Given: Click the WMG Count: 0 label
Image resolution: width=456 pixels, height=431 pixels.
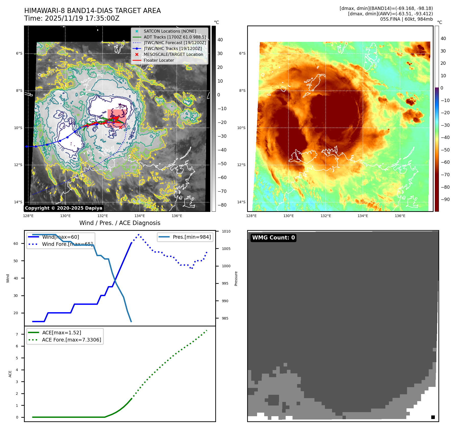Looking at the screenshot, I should coord(273,238).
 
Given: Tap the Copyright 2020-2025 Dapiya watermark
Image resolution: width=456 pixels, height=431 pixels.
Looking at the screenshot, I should coord(64,208).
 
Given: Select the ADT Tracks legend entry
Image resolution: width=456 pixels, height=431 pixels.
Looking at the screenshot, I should coord(175,37).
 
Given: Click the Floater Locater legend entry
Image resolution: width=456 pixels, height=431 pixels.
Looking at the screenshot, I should coord(159,60).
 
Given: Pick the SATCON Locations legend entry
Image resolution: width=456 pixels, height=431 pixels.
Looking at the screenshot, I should coord(170,31).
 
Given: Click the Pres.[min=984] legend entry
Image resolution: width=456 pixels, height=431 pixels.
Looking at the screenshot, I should coord(192,237).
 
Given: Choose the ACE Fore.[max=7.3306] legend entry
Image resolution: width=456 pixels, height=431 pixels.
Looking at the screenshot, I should coord(71,340).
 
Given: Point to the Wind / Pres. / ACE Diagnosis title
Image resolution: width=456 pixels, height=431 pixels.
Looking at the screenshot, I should coord(120,223).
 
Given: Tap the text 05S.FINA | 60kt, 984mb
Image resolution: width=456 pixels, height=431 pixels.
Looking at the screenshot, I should coord(406,19).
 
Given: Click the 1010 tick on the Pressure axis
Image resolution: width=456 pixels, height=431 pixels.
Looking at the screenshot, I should coord(226,231).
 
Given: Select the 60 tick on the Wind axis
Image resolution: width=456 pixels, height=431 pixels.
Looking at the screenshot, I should coord(16,244).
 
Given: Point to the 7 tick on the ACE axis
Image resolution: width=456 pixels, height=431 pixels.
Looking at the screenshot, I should coord(17,334).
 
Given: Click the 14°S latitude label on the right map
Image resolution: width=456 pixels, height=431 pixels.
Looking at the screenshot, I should coord(241,202).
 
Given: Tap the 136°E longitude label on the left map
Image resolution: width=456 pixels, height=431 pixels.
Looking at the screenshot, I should coord(177,216).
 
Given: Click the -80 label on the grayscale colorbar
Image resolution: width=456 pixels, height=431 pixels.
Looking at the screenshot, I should coord(222,205).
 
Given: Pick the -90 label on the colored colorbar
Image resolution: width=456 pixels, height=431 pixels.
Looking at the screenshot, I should coord(445,199).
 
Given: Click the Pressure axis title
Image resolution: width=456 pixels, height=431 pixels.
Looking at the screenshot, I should coord(236,278).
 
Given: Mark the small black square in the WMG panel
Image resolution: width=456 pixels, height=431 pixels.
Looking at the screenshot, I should coord(433,417).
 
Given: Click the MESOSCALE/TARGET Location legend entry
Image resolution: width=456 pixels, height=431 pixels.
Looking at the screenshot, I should coord(173,54).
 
